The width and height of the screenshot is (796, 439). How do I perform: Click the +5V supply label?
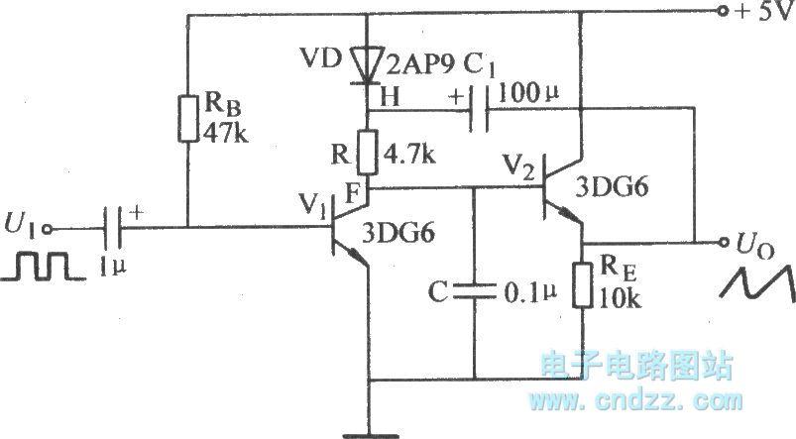[758, 16]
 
